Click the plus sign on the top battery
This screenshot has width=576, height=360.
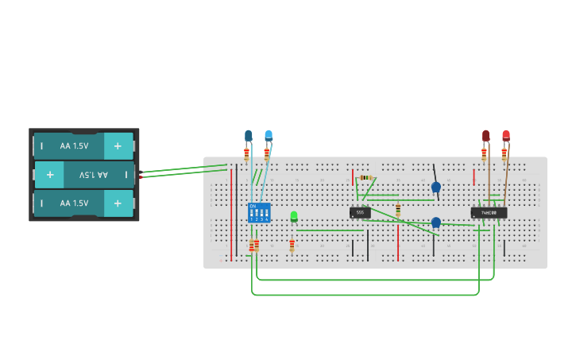[x=118, y=146]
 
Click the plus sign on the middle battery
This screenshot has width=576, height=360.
[x=49, y=174]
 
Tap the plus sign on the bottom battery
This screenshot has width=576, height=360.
[x=118, y=203]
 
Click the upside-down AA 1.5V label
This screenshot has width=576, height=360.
[x=95, y=174]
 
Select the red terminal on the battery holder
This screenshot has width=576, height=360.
[x=141, y=177]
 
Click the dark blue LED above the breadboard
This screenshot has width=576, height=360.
[x=249, y=136]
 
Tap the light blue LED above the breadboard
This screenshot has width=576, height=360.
[x=269, y=136]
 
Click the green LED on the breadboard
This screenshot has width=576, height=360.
[x=294, y=216]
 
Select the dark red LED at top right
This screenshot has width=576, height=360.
[x=485, y=136]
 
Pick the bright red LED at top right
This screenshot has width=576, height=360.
[x=505, y=136]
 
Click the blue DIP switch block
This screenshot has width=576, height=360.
[x=259, y=212]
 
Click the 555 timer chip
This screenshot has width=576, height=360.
[x=360, y=212]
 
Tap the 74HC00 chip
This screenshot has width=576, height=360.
[x=489, y=212]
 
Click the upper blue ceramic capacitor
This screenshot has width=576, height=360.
[x=435, y=188]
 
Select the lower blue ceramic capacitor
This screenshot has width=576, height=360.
[x=435, y=223]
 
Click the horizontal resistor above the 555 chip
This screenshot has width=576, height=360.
[x=365, y=177]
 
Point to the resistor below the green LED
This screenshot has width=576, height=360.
[x=292, y=246]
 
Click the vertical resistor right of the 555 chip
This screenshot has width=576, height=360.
[x=398, y=210]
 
